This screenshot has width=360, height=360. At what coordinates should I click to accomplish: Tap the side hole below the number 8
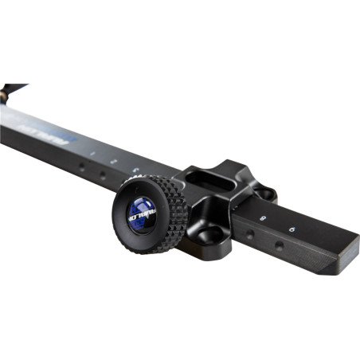click(x=251, y=236)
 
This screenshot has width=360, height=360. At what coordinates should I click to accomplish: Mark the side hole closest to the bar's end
click(x=278, y=247)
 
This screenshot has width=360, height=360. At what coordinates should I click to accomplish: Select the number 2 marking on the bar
click(x=114, y=160)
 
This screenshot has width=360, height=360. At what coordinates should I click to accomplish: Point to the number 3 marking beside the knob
click(x=136, y=169)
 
